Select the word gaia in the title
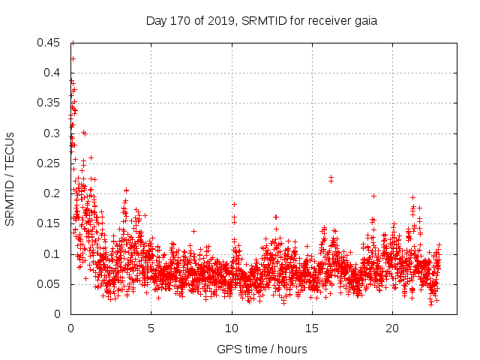point(364,21)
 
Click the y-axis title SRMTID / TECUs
point(10,178)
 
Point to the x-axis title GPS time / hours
point(262,349)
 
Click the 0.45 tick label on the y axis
point(50,43)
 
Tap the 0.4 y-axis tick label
point(53,73)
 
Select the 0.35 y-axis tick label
point(50,103)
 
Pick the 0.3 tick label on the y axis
point(53,133)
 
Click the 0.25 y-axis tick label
point(50,163)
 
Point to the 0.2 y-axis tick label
point(53,193)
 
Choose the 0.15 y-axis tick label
point(50,223)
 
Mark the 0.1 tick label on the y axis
point(53,254)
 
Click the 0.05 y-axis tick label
point(50,284)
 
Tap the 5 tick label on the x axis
point(151,328)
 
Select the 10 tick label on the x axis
point(232,328)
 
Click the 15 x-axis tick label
point(312,328)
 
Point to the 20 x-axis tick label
point(392,328)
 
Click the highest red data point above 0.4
point(73,58)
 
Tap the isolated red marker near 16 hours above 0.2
point(331,177)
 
